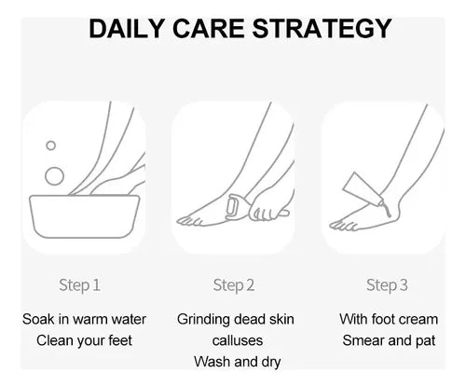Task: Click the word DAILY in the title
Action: tap(127, 29)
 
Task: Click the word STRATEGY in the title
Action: tap(322, 29)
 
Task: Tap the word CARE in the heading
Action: tap(208, 29)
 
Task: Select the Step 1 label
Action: tap(79, 285)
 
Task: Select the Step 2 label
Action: tap(234, 285)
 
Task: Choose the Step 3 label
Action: tap(387, 285)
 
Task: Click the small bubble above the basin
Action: tap(50, 145)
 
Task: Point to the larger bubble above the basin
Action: tap(54, 176)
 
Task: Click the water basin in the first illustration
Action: tap(85, 216)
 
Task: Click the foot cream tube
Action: tap(363, 189)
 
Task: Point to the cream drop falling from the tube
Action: tap(388, 212)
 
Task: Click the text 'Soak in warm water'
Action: tap(84, 320)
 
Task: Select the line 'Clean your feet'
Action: tap(84, 340)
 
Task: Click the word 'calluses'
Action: tap(238, 340)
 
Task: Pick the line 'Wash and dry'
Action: tap(238, 362)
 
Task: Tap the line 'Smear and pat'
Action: tap(389, 340)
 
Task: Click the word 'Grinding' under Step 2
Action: tap(204, 320)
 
